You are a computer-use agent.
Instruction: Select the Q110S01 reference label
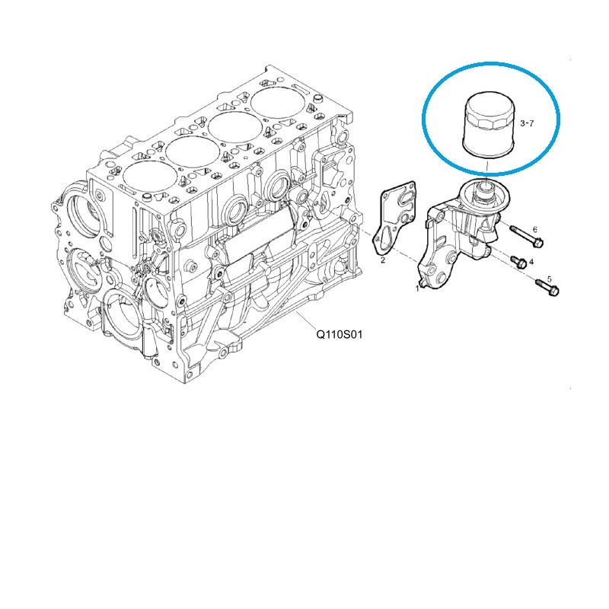pyautogui.click(x=342, y=333)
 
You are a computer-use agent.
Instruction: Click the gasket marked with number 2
pyautogui.click(x=395, y=217)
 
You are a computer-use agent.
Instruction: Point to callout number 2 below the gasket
pyautogui.click(x=382, y=260)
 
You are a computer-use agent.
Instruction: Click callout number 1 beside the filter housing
pyautogui.click(x=417, y=289)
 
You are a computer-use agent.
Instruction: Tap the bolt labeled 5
pyautogui.click(x=544, y=286)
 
